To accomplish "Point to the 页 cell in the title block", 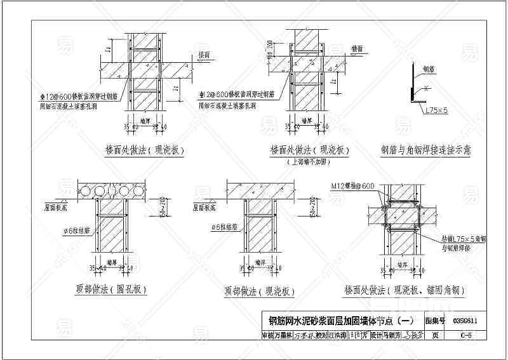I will coord(434,335).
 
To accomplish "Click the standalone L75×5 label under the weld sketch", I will coord(437,110).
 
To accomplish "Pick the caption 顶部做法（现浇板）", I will coord(260,291).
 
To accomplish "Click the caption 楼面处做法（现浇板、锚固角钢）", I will coord(404,290).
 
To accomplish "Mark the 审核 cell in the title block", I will coord(269,335).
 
